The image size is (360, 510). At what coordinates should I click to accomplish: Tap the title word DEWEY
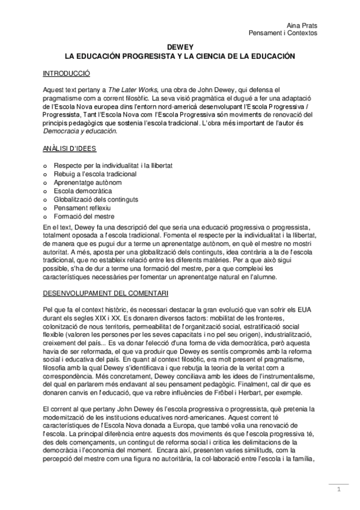tap(179, 47)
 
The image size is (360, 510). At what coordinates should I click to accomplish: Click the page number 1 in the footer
tap(340, 490)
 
